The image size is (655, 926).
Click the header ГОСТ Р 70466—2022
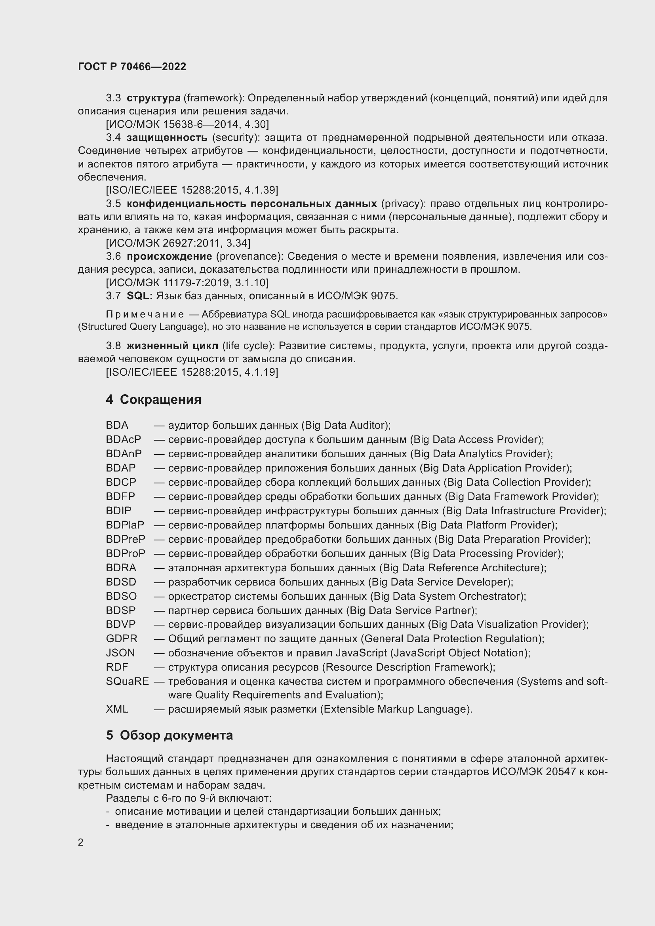pyautogui.click(x=132, y=67)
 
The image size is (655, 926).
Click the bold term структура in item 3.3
pyautogui.click(x=153, y=98)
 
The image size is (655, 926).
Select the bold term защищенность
pyautogui.click(x=167, y=137)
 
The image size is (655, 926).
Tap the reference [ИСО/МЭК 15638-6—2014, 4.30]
pyautogui.click(x=187, y=124)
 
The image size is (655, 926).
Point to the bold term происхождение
pyautogui.click(x=169, y=257)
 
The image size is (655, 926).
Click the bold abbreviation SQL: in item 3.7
pyautogui.click(x=139, y=296)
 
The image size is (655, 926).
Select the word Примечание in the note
pyautogui.click(x=145, y=314)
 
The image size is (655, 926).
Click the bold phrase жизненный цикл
pyautogui.click(x=172, y=346)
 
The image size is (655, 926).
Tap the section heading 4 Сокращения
pyautogui.click(x=153, y=400)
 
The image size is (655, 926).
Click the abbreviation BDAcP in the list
pyautogui.click(x=124, y=439)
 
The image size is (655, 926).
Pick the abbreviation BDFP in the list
pyautogui.click(x=120, y=496)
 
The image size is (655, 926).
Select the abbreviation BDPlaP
pyautogui.click(x=125, y=525)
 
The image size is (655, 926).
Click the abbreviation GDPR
pyautogui.click(x=122, y=639)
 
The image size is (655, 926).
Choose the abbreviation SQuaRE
pyautogui.click(x=127, y=682)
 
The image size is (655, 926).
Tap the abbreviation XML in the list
pyautogui.click(x=117, y=709)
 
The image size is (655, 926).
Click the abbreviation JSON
pyautogui.click(x=120, y=653)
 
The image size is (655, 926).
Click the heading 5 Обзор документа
pyautogui.click(x=169, y=735)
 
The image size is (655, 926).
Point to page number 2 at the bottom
pyautogui.click(x=81, y=842)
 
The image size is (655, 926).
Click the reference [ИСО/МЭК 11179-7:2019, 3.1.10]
pyautogui.click(x=187, y=283)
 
